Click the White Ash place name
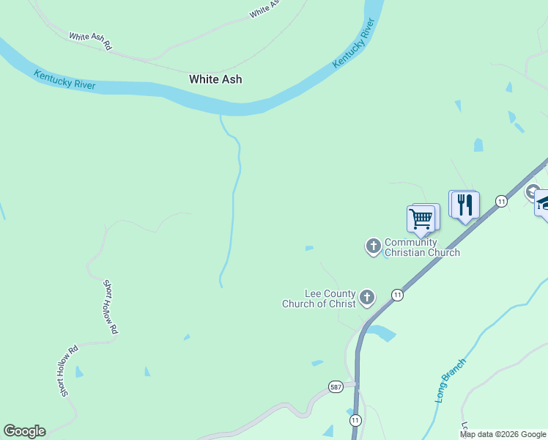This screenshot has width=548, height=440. (x=215, y=79)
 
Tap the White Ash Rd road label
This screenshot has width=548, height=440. (x=90, y=41)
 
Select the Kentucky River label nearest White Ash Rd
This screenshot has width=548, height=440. (x=64, y=78)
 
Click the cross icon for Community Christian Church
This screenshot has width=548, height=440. (x=373, y=246)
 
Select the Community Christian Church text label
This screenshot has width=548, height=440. (x=422, y=248)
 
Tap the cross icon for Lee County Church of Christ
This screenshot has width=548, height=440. (x=367, y=298)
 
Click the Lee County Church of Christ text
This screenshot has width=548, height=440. (x=319, y=298)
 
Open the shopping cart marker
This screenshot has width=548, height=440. (x=421, y=218)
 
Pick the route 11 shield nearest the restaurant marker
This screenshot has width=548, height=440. (x=501, y=201)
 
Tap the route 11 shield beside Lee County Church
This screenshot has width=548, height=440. (x=397, y=295)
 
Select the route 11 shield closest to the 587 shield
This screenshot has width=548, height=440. (x=355, y=420)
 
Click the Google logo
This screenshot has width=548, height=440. (x=24, y=431)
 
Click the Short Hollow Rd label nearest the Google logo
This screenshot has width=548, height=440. (x=69, y=372)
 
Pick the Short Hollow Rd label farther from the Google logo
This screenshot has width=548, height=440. (x=110, y=307)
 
